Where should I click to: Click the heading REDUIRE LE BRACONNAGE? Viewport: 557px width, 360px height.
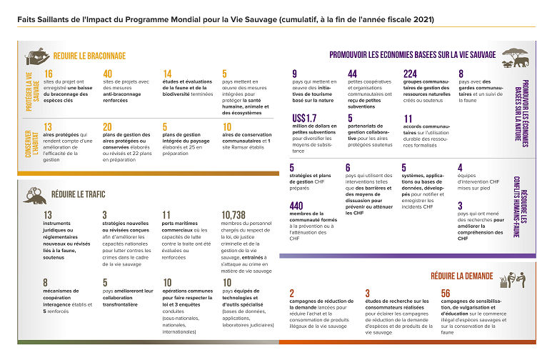[89, 56]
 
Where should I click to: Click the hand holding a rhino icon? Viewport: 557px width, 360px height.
[36, 56]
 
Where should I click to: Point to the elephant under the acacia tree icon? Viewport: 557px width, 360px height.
[518, 56]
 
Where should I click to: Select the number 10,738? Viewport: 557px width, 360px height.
[234, 215]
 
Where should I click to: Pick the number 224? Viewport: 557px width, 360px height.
[410, 74]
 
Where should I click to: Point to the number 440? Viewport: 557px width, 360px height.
[296, 206]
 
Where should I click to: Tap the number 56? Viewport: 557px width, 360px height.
[446, 294]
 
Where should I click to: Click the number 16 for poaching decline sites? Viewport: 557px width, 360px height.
[48, 74]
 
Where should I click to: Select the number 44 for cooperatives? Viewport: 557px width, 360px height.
[353, 74]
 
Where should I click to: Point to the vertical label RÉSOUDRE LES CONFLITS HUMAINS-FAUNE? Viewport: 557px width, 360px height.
[523, 209]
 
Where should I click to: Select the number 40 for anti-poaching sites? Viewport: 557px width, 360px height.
[108, 74]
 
